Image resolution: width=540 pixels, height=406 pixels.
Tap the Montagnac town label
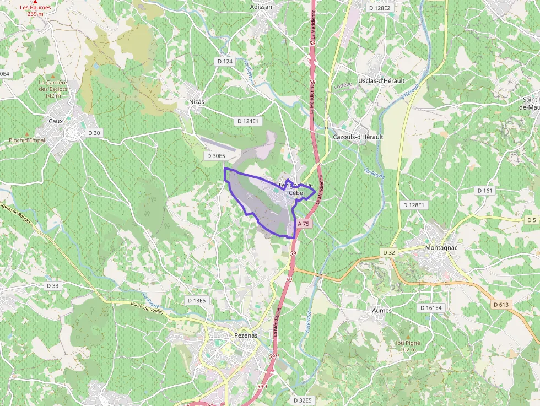442,247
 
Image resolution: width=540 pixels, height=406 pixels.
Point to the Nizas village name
197,102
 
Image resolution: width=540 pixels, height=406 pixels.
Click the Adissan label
261,7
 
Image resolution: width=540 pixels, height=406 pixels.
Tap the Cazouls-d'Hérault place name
358,137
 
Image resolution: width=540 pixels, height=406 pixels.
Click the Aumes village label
382,311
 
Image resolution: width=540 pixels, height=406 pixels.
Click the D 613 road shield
502,305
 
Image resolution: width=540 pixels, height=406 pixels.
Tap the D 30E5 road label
216,156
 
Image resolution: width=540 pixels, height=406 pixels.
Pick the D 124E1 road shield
247,121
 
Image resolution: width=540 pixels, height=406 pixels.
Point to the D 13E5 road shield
197,300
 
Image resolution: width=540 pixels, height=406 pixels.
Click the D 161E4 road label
434,308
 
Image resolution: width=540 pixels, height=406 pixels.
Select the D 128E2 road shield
379,8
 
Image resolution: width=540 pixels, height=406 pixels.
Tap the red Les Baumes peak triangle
35,2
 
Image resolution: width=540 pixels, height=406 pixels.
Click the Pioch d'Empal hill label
27,140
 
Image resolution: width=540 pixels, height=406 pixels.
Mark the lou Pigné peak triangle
408,336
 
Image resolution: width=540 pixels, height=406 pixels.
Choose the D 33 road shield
53,286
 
